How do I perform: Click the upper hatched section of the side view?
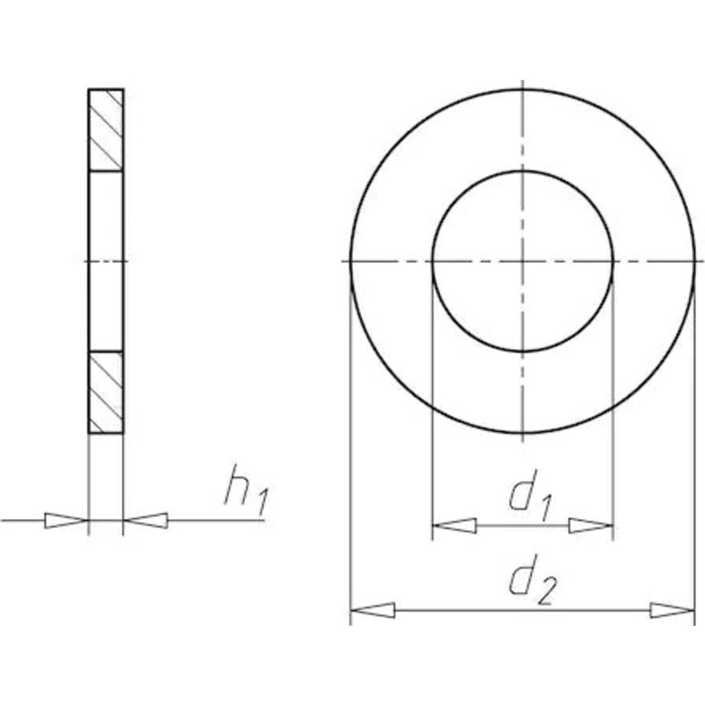(106, 129)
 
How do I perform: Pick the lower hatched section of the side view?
(106, 392)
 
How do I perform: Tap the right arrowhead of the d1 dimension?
(590, 526)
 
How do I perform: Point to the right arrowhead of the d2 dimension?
(672, 610)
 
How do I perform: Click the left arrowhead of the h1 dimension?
(66, 520)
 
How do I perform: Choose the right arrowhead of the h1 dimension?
(146, 520)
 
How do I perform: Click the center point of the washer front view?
(523, 262)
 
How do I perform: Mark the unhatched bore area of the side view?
(106, 261)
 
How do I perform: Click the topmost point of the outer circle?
(523, 90)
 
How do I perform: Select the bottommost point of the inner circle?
(523, 352)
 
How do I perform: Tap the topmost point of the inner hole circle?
(523, 171)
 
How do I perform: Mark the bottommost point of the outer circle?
(523, 434)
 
